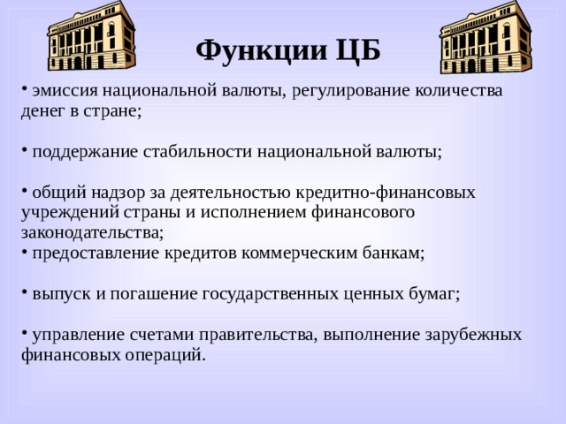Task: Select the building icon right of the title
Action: click(x=485, y=37)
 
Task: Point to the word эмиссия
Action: click(x=65, y=90)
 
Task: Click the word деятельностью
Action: click(x=228, y=192)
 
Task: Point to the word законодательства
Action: click(x=91, y=232)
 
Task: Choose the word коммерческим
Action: click(x=310, y=253)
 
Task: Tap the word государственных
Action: click(x=278, y=293)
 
